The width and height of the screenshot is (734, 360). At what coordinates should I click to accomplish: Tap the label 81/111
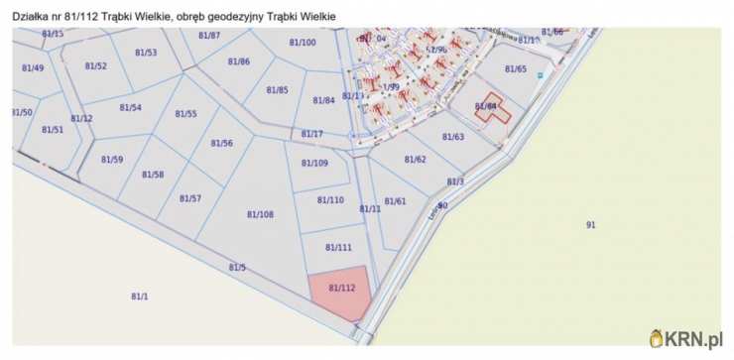[x=338, y=247]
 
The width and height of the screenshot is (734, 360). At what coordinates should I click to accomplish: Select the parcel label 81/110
[x=330, y=199]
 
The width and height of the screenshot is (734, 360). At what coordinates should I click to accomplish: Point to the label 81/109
[x=314, y=163]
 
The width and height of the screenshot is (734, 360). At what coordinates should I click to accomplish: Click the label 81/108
[x=260, y=214]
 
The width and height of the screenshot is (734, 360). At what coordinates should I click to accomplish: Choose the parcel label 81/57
[x=190, y=198]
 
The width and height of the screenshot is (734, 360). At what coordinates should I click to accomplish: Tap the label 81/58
[x=153, y=175]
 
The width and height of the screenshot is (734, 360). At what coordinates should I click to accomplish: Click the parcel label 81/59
[x=112, y=159]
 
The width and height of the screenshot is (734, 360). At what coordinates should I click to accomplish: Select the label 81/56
[x=222, y=143]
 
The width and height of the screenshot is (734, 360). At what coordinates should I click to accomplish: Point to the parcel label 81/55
[x=185, y=114]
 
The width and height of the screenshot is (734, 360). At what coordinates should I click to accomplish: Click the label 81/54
[x=130, y=107]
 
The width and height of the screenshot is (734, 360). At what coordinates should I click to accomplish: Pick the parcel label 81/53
[x=146, y=53]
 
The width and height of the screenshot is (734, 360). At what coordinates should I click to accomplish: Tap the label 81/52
[x=95, y=65]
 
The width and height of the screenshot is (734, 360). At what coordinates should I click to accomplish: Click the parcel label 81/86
[x=238, y=61]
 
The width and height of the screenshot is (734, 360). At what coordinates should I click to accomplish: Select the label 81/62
[x=415, y=159]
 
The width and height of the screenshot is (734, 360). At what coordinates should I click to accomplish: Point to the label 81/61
[x=395, y=201]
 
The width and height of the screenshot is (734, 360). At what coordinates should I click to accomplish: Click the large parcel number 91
[x=591, y=225]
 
